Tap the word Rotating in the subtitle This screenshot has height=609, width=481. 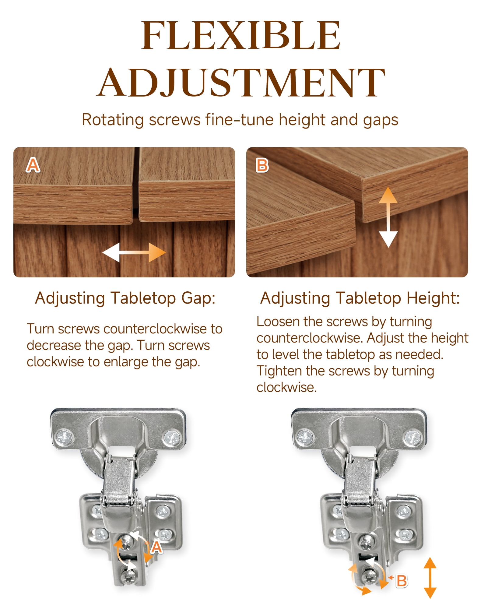pyautogui.click(x=112, y=120)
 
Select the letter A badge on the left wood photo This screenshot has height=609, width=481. pyautogui.click(x=33, y=165)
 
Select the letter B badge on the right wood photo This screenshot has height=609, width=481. pyautogui.click(x=262, y=165)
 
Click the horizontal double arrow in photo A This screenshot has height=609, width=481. pyautogui.click(x=134, y=252)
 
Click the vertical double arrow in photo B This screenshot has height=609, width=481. pyautogui.click(x=388, y=217)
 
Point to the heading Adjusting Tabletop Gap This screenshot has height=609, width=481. pyautogui.click(x=125, y=298)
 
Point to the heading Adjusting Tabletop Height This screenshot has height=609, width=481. pyautogui.click(x=360, y=298)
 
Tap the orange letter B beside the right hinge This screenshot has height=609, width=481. pyautogui.click(x=402, y=581)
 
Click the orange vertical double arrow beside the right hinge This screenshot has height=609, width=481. pyautogui.click(x=430, y=578)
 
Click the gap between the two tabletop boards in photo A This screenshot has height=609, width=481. pyautogui.click(x=136, y=183)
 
